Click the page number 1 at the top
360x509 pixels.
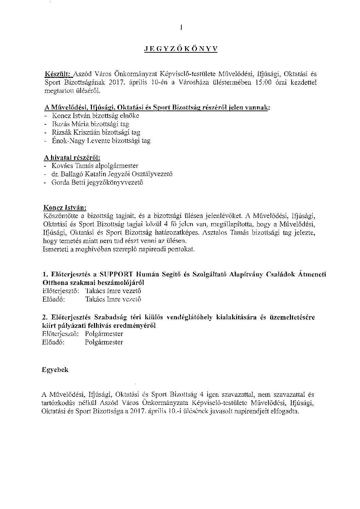pos(181,28)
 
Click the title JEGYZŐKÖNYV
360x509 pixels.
pos(180,49)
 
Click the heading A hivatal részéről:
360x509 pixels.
pos(72,157)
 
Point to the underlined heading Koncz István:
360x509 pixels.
pos(65,207)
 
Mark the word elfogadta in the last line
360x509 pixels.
pos(286,411)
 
